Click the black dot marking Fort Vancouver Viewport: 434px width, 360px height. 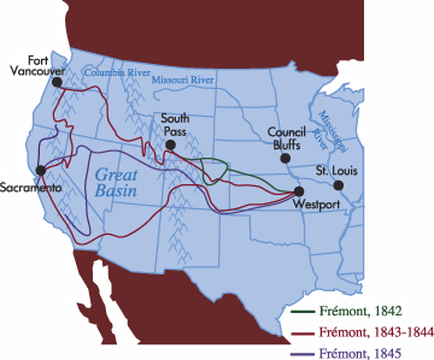[56, 83]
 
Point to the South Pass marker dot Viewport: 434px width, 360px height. [171, 145]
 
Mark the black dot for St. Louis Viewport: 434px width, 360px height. [338, 186]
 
